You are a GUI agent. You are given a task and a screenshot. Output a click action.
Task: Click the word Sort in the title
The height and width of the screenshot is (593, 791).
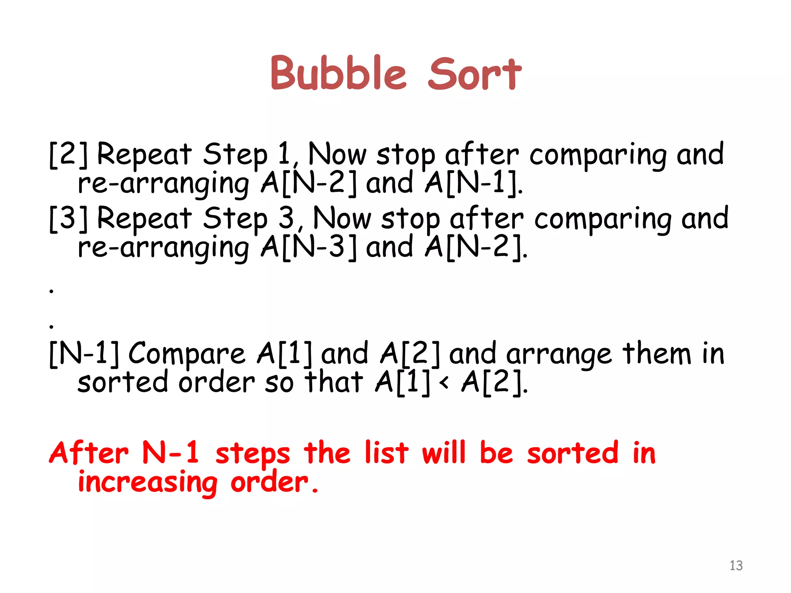[x=475, y=73]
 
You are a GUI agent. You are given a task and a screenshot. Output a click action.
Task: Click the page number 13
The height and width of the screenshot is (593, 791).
[x=736, y=566]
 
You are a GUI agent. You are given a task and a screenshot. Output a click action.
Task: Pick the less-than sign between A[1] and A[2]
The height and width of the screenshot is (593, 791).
[x=445, y=383]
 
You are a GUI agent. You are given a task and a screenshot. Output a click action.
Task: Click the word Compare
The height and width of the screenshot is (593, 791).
[x=187, y=354]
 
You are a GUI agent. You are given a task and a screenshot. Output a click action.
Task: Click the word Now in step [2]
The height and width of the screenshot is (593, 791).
[x=337, y=154]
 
